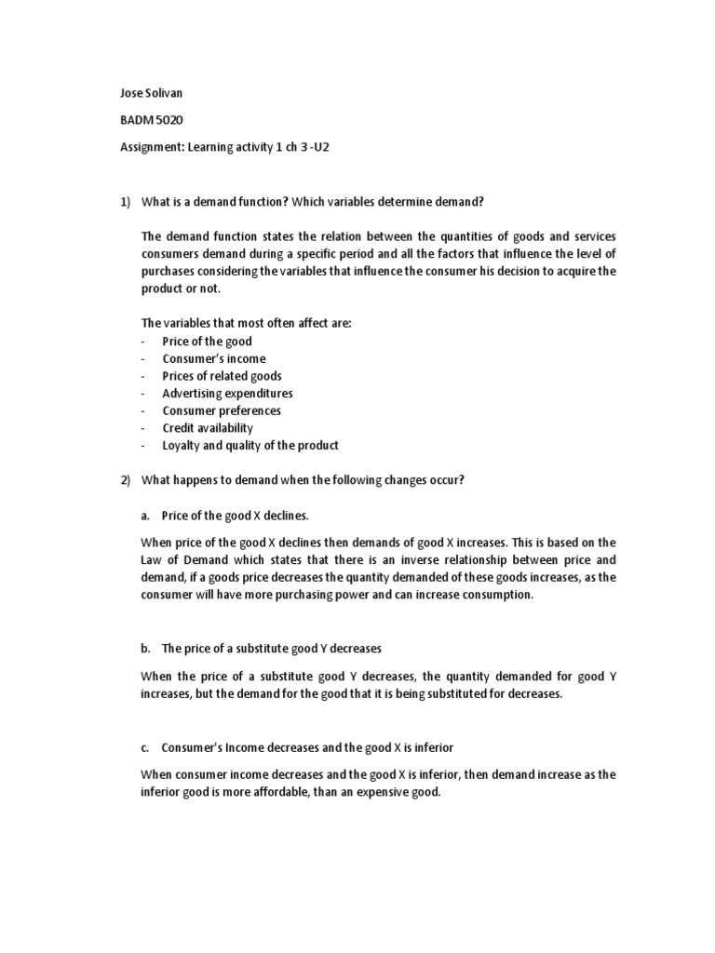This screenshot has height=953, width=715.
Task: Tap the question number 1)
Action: point(128,202)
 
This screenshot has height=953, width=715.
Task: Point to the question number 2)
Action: point(128,479)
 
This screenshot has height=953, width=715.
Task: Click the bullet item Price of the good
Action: point(207,342)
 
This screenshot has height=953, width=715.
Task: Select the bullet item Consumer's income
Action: point(213,358)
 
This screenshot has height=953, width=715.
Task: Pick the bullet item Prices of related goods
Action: point(222,376)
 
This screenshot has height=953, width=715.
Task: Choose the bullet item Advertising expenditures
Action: point(227,393)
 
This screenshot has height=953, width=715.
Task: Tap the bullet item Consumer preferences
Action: point(221,410)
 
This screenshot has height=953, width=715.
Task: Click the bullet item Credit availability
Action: point(208,428)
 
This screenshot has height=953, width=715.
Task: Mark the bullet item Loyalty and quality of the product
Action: point(250,445)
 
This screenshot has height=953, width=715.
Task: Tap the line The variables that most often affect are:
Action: point(247,324)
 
